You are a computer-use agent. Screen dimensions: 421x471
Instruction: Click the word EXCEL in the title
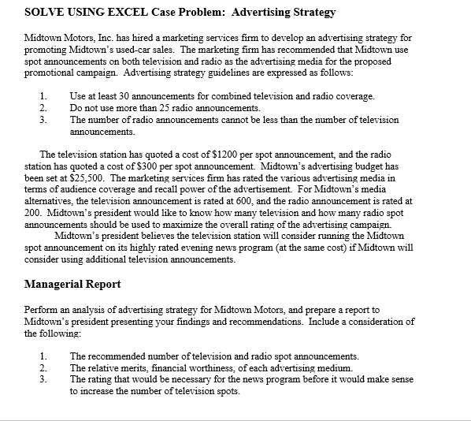(x=124, y=13)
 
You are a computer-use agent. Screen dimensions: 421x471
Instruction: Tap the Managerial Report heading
(x=72, y=284)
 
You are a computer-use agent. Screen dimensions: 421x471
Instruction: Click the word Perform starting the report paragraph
(x=41, y=310)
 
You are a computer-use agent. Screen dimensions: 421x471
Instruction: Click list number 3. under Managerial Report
(x=44, y=379)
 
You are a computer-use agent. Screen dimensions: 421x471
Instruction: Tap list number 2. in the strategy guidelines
(x=44, y=108)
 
